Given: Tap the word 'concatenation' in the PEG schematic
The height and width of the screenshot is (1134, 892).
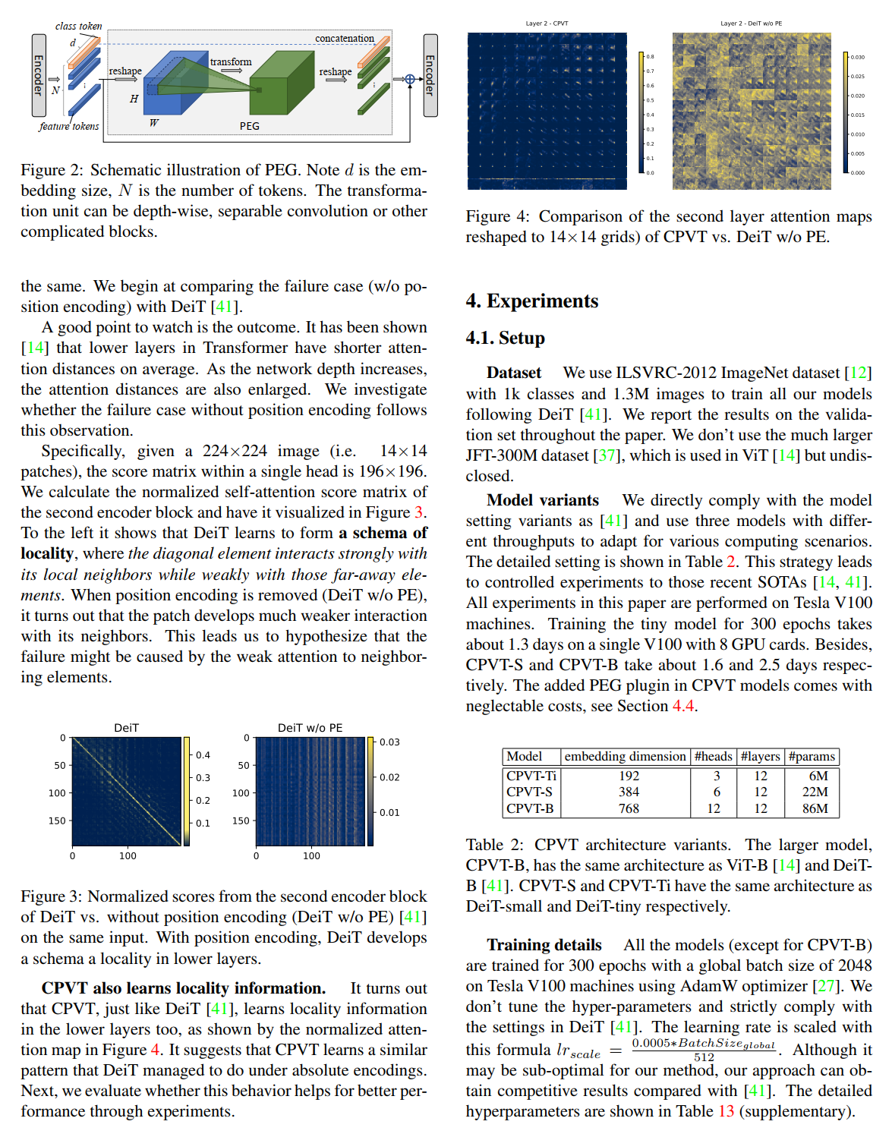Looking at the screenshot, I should click(x=345, y=39).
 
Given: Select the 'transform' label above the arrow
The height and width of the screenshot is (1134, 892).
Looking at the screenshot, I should click(x=231, y=62).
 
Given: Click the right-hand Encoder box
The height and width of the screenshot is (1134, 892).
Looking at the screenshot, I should click(x=430, y=75).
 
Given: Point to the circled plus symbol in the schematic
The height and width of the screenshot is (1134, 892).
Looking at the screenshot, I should click(x=410, y=79).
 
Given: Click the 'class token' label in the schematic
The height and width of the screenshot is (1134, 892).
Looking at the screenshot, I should click(x=78, y=26).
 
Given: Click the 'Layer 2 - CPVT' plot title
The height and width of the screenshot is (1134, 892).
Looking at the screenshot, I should click(x=547, y=24).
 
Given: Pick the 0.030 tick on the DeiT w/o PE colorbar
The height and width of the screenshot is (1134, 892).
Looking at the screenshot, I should click(x=857, y=57).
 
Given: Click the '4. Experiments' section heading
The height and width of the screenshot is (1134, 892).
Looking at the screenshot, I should click(x=531, y=301).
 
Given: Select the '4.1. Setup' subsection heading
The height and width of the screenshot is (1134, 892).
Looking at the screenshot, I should click(x=505, y=338).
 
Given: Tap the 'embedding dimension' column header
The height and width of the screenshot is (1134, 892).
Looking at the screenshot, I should click(x=625, y=756).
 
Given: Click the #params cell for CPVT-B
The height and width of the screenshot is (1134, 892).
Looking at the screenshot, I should click(x=815, y=808).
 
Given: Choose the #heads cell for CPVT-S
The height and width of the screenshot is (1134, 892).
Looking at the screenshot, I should click(x=716, y=792).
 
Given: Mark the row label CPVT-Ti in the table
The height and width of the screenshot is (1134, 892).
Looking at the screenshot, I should click(x=531, y=776).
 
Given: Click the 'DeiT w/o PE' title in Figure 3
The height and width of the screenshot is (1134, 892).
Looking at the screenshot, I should click(x=310, y=727).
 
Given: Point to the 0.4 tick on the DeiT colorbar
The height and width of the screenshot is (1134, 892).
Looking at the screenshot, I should click(x=203, y=755).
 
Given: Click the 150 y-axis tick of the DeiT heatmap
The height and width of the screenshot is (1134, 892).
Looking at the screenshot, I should click(x=57, y=821).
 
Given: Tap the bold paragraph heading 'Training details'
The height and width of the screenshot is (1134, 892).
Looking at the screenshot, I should click(x=544, y=945).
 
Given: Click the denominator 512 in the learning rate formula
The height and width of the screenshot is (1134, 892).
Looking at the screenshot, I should click(x=704, y=1057).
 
